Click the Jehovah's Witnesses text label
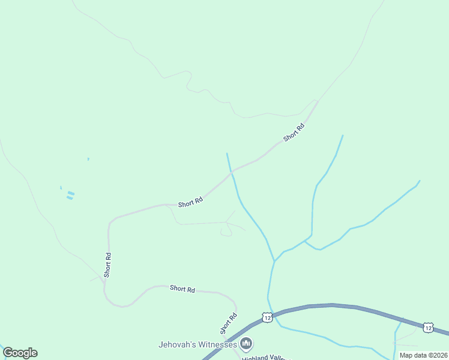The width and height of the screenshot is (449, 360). click(x=197, y=344)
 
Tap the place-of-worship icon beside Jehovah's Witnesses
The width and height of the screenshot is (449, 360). click(x=246, y=344)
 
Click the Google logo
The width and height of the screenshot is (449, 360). click(x=20, y=353)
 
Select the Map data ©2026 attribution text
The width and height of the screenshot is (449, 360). click(x=423, y=355)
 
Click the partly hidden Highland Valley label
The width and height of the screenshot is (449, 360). click(x=266, y=357)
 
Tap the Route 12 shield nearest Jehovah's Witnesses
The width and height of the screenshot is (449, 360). click(x=267, y=316)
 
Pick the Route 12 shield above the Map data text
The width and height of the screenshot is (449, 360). click(x=427, y=327)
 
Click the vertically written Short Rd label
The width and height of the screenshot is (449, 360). click(x=107, y=264)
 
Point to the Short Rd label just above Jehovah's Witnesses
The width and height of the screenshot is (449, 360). click(x=229, y=323)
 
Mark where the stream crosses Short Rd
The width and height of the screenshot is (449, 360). click(x=231, y=172)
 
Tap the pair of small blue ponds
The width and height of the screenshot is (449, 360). click(x=70, y=195)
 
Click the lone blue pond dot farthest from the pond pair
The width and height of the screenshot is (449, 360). click(x=88, y=159)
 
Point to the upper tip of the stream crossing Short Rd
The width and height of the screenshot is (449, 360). click(x=227, y=154)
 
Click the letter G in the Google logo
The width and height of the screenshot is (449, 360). click(x=8, y=353)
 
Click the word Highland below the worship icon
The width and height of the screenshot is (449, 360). click(x=257, y=357)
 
